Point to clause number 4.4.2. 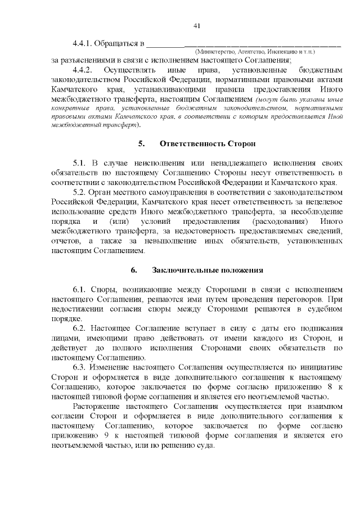point(83,70)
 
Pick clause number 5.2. point(79,191)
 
